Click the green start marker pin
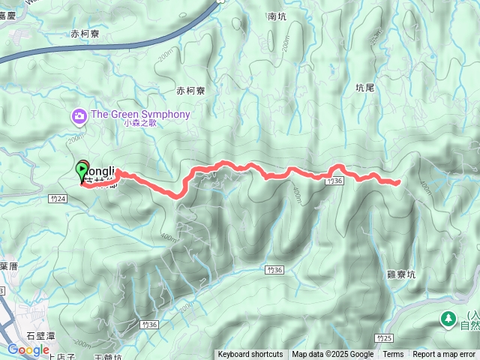pos(82,170)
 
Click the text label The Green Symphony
pos(140,115)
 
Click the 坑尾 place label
pos(364,88)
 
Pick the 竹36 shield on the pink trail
pos(335,181)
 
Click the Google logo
pos(28,350)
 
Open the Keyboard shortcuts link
pos(250,355)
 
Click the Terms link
pos(393,355)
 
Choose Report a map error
pos(444,355)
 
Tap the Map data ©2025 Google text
pos(333,355)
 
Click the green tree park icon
pos(448,319)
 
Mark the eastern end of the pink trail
pos(397,181)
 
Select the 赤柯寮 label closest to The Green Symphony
pos(190,91)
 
